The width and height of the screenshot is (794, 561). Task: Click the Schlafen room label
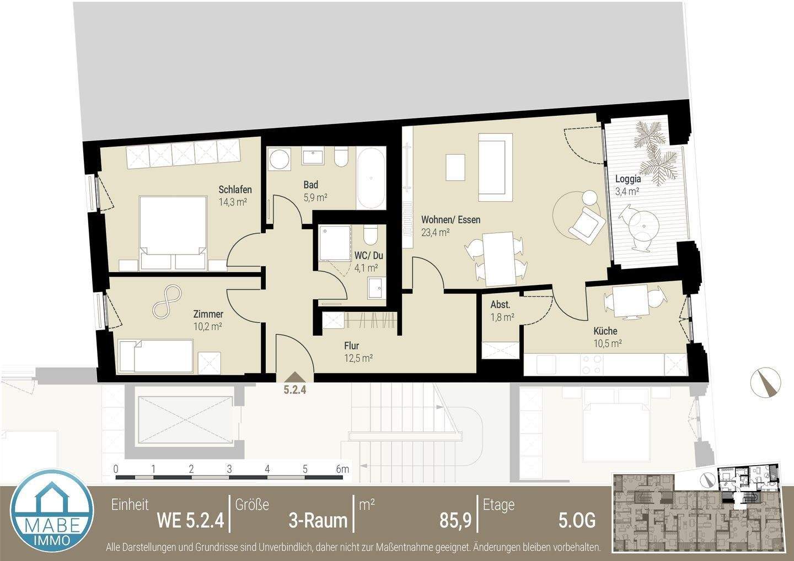(235, 190)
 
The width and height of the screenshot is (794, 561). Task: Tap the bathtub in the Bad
(371, 178)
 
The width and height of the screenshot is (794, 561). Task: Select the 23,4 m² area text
(435, 232)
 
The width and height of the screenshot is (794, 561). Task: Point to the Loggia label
(628, 179)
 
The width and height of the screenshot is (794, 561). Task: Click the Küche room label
(605, 331)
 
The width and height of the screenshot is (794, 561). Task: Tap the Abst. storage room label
(500, 305)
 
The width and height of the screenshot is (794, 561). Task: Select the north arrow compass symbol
(766, 382)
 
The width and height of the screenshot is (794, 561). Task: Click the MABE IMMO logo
(52, 515)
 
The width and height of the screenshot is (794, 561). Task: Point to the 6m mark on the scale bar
(343, 470)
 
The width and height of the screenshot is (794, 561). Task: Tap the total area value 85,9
(455, 520)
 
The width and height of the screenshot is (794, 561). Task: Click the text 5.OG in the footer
(577, 520)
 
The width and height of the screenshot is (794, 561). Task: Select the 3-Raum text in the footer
(318, 520)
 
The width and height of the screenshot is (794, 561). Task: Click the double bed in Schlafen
(173, 231)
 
